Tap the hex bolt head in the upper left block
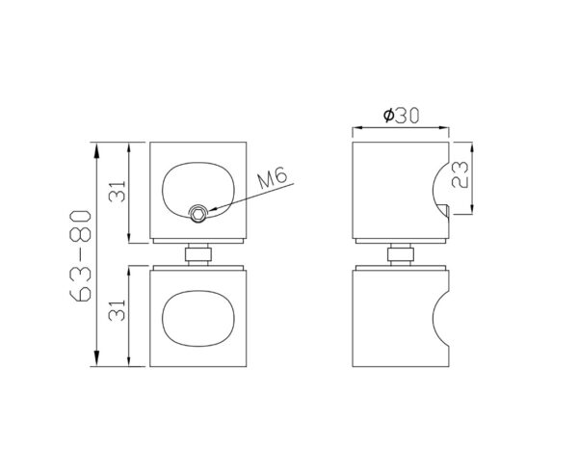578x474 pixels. tap(198, 213)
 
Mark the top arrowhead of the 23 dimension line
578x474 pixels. tap(472, 145)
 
